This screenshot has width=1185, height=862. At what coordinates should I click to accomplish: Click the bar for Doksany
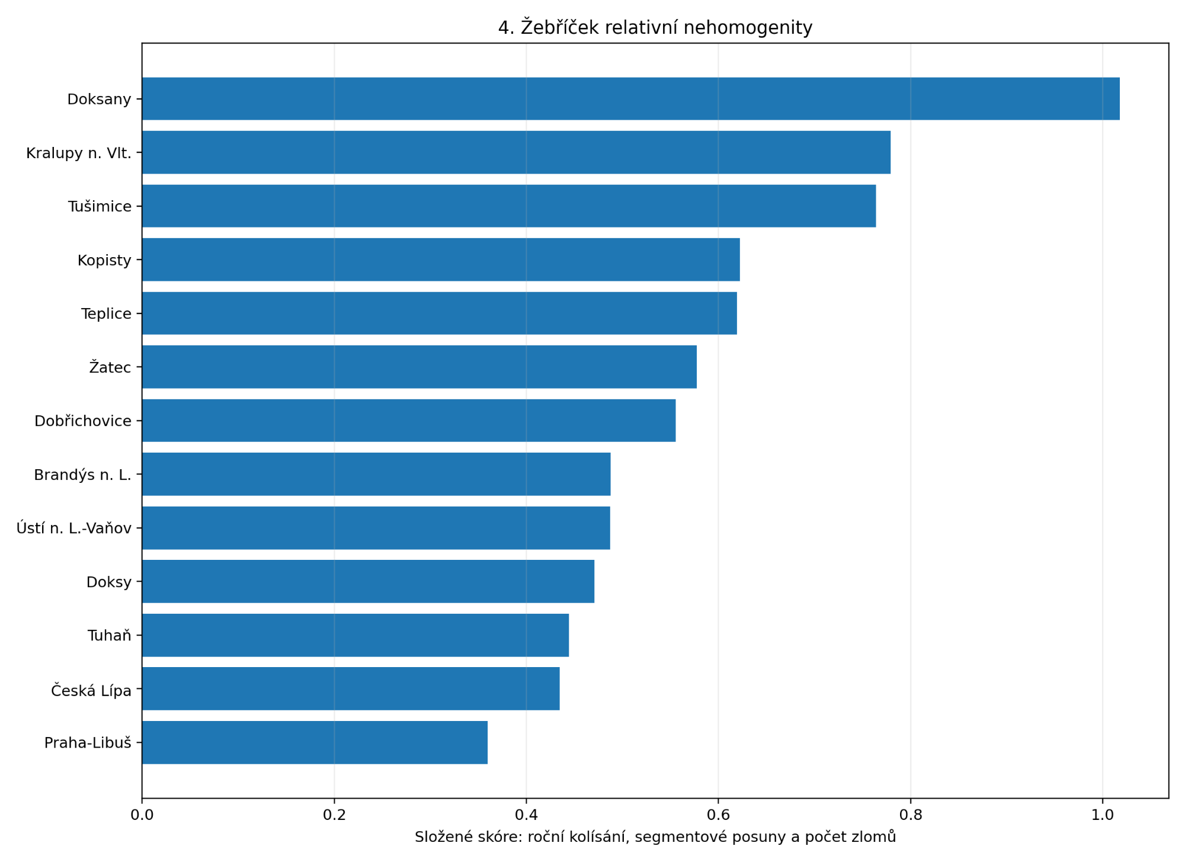[631, 99]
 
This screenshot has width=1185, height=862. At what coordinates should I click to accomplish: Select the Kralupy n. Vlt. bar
[516, 152]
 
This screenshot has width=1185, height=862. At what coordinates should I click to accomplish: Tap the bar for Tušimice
[509, 206]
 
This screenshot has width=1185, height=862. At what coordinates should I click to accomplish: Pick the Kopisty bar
[441, 259]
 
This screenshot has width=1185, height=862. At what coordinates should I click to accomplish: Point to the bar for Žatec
[419, 367]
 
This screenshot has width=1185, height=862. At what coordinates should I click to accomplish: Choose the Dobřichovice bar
[409, 421]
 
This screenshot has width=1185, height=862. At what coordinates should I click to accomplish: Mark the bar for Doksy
[368, 581]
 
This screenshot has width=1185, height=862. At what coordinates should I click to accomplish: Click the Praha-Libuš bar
[315, 742]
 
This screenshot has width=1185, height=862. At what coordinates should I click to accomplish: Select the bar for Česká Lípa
[351, 688]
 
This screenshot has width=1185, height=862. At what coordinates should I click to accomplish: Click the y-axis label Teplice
[106, 314]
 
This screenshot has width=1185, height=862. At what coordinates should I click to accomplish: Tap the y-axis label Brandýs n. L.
[82, 475]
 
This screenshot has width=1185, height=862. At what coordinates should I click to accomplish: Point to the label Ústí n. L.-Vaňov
[74, 528]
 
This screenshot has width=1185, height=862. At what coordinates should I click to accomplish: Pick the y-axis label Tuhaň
[110, 636]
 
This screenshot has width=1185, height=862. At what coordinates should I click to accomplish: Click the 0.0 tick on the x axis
[142, 815]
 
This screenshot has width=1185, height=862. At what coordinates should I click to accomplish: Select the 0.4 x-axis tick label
[526, 815]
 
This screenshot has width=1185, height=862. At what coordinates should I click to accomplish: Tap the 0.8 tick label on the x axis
[911, 815]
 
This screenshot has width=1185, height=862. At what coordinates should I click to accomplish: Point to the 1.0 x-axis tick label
[1103, 815]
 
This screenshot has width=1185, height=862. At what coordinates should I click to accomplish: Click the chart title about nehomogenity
[655, 27]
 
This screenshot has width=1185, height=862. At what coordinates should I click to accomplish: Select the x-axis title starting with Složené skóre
[655, 837]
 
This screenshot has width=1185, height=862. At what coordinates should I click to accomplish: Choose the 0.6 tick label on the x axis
[718, 815]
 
